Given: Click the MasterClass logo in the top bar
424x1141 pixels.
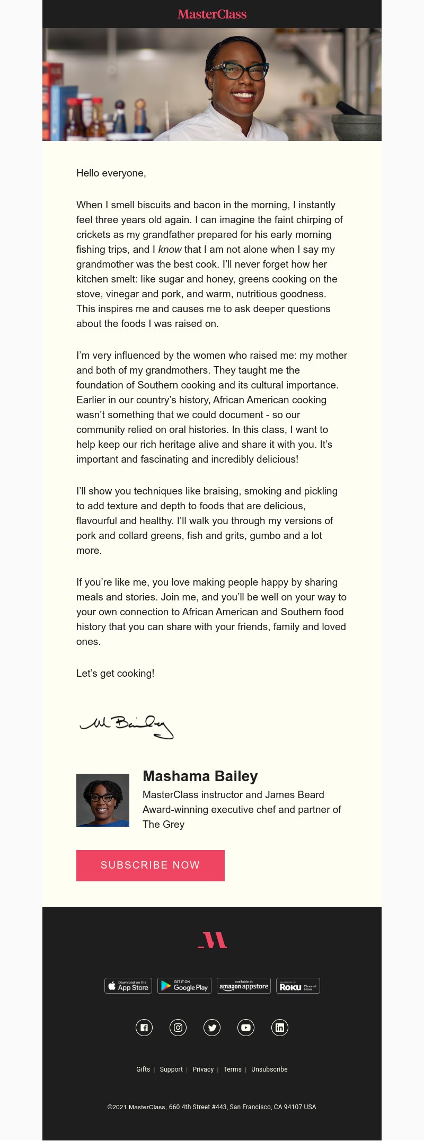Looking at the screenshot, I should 212,14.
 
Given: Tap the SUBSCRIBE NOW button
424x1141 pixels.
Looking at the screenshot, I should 151,865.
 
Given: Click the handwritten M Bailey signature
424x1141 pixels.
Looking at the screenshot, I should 127,726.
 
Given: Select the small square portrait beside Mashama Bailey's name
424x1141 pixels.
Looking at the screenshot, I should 103,800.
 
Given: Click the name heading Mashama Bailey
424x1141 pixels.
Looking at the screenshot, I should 200,776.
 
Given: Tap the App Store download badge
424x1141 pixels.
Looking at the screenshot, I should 128,986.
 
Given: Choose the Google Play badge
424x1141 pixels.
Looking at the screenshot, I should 184,986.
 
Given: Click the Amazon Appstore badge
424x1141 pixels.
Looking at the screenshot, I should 244,986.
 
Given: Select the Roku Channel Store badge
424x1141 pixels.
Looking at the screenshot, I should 298,986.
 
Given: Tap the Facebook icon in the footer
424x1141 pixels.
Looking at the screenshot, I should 144,1028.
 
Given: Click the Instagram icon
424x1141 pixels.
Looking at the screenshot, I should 178,1028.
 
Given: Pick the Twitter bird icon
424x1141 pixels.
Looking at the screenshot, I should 212,1028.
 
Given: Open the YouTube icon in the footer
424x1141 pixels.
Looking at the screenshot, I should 246,1028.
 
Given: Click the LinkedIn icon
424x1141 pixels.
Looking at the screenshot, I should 280,1028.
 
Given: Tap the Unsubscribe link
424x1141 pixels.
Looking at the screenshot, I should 269,1069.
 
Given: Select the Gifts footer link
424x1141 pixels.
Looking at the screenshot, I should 143,1069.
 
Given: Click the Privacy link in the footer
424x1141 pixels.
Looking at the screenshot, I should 203,1069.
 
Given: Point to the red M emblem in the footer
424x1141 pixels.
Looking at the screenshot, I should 213,940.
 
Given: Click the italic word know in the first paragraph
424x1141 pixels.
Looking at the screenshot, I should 170,250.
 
